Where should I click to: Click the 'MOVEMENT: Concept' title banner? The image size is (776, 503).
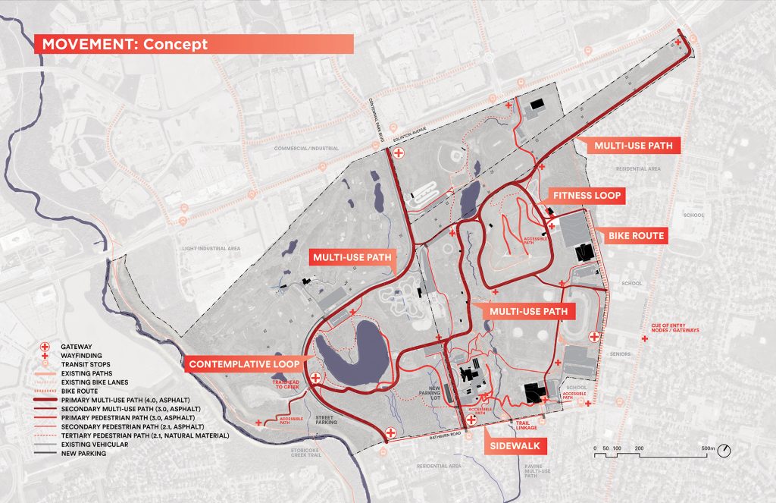tap(193, 44)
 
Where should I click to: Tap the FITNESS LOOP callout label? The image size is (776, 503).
tap(587, 196)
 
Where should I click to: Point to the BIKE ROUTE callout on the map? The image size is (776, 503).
tap(635, 236)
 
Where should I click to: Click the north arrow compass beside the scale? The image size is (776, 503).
tap(725, 451)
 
